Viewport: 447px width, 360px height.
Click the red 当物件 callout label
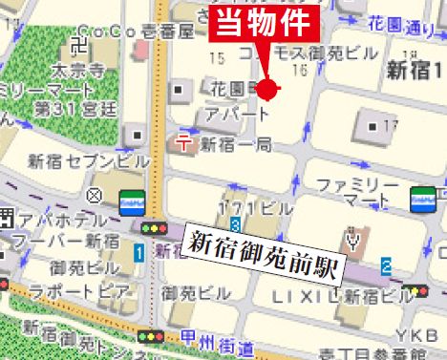264,24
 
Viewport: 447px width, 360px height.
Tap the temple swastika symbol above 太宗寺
81,46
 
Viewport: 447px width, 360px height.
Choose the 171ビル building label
255,207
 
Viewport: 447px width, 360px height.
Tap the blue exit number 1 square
139,252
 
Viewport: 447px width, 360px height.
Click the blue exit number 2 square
386,265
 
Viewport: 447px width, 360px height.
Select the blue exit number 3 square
235,223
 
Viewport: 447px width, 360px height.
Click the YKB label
424,335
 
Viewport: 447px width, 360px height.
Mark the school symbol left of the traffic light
94,196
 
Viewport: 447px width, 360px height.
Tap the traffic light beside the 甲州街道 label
151,336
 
